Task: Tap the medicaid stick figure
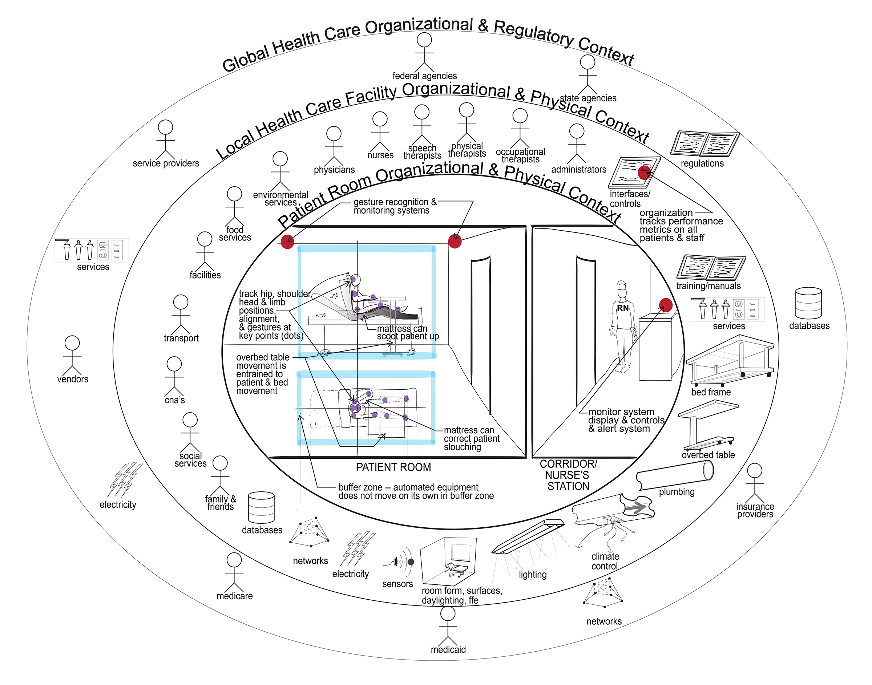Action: tap(448, 627)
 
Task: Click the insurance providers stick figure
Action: tap(755, 483)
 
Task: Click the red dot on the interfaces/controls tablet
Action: tap(644, 173)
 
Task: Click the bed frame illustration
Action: tap(730, 361)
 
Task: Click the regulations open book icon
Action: tap(705, 145)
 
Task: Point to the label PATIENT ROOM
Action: tap(393, 467)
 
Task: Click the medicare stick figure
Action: tap(234, 573)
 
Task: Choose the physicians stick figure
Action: tap(334, 146)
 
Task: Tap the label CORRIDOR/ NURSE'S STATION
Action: tap(568, 475)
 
